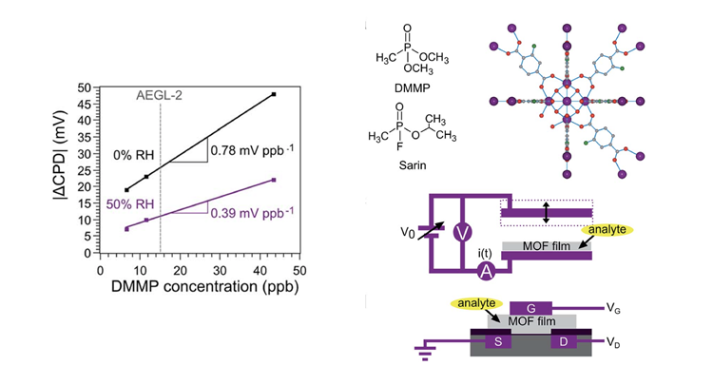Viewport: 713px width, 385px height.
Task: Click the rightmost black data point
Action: coord(274,95)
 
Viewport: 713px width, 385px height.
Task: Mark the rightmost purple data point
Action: coord(274,180)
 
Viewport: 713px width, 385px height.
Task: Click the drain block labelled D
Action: coord(566,341)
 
